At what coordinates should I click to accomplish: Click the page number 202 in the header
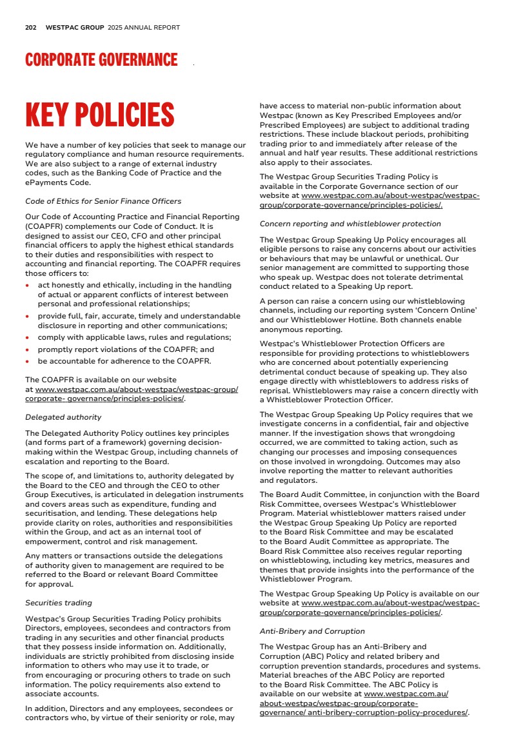30,28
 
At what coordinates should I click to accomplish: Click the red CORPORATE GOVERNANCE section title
101,61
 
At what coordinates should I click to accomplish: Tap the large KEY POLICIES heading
99,115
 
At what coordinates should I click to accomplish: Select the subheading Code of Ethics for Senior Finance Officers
103,201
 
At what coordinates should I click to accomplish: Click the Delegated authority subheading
63,417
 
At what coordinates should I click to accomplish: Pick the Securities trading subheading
59,603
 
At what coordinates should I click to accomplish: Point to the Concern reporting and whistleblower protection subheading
350,224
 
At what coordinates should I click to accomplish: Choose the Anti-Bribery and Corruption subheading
312,631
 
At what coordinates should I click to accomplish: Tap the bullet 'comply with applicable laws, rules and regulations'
134,337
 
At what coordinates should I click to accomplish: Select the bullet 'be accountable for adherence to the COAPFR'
124,360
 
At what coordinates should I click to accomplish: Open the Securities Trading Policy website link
371,200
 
